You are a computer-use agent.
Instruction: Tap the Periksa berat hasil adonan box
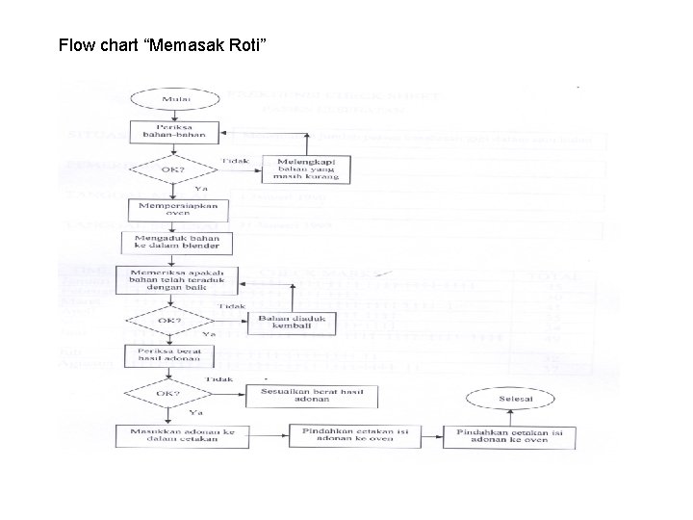[169, 355]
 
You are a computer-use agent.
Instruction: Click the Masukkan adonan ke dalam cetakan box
[174, 435]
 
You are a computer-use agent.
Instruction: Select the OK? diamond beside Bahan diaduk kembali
[169, 320]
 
